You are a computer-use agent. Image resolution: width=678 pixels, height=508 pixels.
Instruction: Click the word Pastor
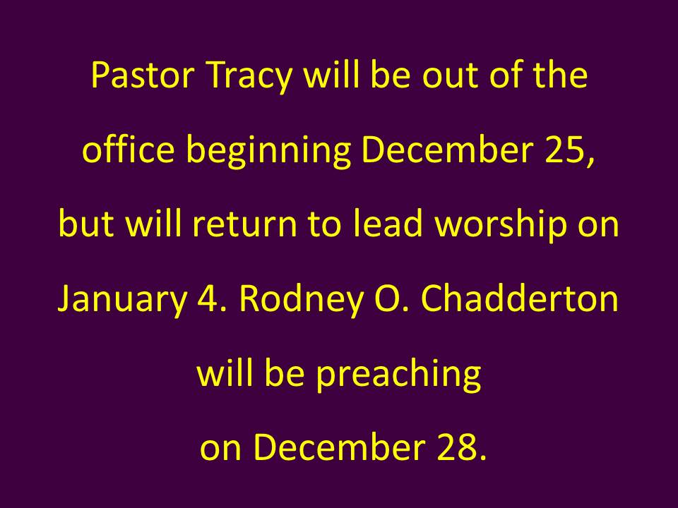tap(143, 75)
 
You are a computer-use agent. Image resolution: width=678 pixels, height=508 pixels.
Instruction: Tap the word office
tap(129, 149)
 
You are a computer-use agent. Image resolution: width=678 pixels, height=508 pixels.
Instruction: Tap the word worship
tap(500, 226)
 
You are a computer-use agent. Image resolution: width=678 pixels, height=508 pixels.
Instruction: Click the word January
tap(122, 301)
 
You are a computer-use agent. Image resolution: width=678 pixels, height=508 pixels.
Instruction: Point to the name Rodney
tap(301, 301)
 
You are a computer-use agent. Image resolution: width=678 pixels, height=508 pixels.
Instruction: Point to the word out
tap(450, 76)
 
